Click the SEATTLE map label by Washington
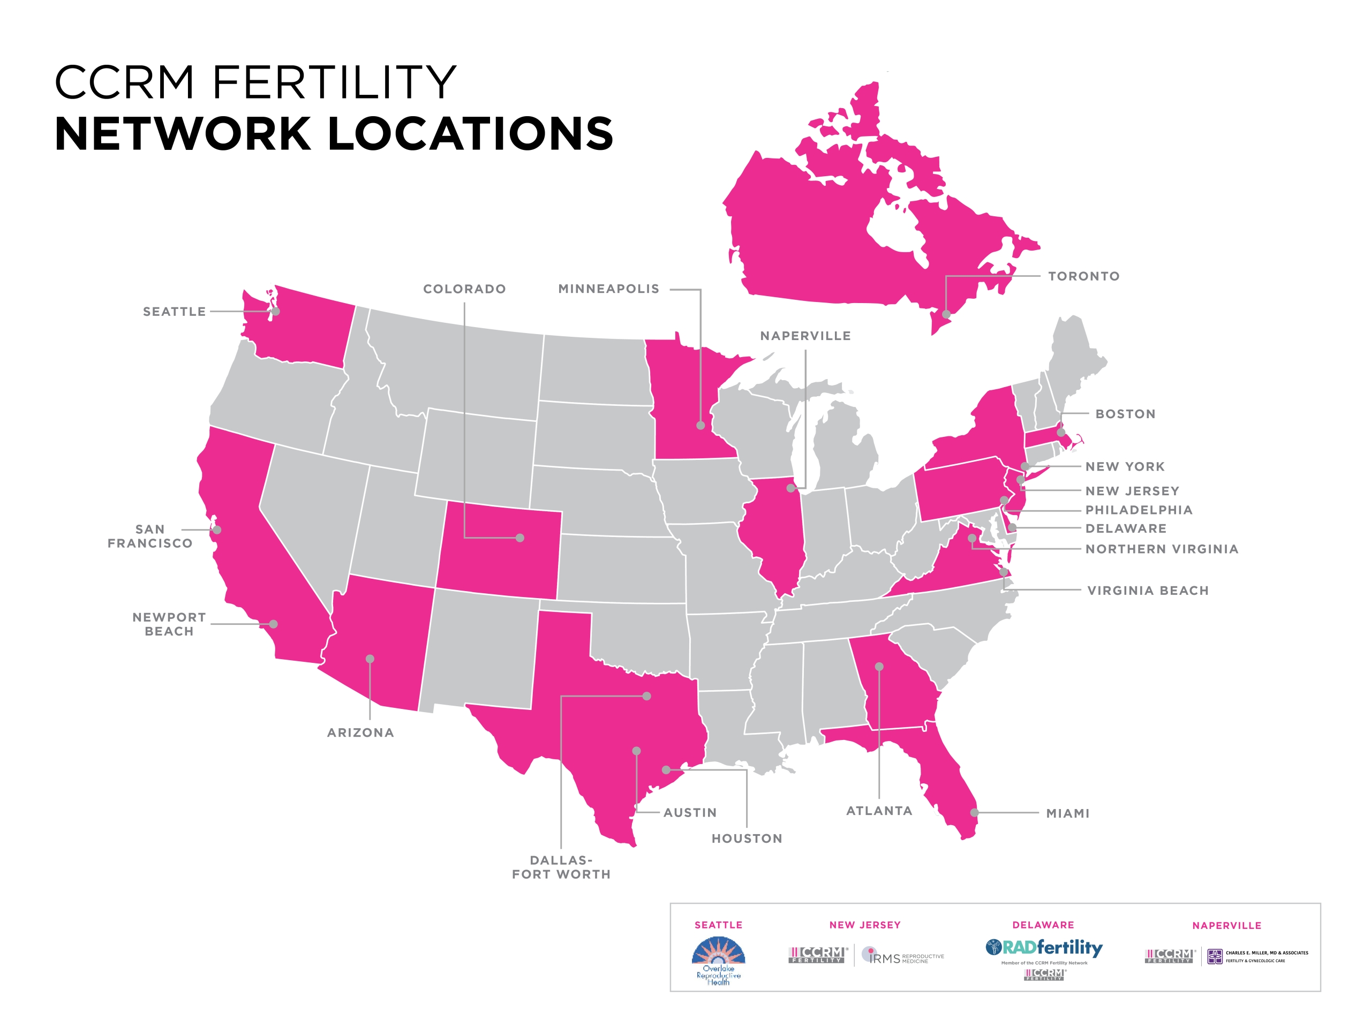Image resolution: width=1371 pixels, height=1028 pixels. pyautogui.click(x=174, y=312)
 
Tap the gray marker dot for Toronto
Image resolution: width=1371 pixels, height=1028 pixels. pyautogui.click(x=946, y=315)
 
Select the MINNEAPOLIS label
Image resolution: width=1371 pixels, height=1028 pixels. pyautogui.click(x=608, y=289)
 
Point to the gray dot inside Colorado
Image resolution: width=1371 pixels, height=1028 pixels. pyautogui.click(x=520, y=538)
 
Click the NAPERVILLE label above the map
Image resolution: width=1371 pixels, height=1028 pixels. pyautogui.click(x=805, y=336)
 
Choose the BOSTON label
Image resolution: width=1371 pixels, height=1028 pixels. pyautogui.click(x=1125, y=414)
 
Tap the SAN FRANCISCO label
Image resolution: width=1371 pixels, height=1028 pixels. pyautogui.click(x=150, y=536)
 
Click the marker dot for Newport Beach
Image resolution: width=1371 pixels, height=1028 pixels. pyautogui.click(x=273, y=624)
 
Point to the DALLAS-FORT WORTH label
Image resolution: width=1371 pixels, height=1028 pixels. pyautogui.click(x=561, y=867)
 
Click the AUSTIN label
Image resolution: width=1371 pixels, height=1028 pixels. pyautogui.click(x=690, y=812)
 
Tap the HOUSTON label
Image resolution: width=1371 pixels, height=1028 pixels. pyautogui.click(x=747, y=838)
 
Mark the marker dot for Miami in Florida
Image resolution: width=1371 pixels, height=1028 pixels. pyautogui.click(x=974, y=812)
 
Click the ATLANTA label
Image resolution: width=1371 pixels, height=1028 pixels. pyautogui.click(x=879, y=811)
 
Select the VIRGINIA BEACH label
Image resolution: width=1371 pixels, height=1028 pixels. pyautogui.click(x=1148, y=591)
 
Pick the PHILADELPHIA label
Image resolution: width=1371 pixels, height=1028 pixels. pyautogui.click(x=1139, y=510)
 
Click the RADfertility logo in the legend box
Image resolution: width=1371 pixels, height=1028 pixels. pyautogui.click(x=1044, y=948)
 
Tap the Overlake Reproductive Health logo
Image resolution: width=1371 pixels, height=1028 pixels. pyautogui.click(x=718, y=961)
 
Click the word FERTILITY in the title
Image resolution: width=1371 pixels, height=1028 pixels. pyautogui.click(x=335, y=82)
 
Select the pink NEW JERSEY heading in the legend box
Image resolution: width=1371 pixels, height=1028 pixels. pyautogui.click(x=864, y=925)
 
